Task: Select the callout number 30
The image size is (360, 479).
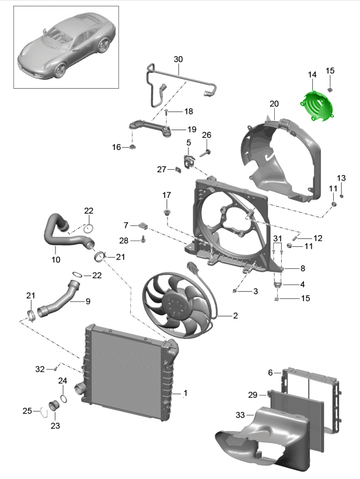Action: tap(178, 60)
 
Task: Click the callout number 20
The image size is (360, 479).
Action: tap(274, 104)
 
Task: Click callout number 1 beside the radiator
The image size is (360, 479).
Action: tap(186, 393)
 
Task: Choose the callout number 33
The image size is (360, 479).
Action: tap(240, 415)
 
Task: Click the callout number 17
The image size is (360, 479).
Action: tap(167, 195)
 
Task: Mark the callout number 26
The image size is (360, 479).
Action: tap(206, 135)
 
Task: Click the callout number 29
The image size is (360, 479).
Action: tap(253, 395)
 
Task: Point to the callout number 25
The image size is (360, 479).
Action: tap(27, 411)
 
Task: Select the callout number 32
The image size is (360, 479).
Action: tap(40, 369)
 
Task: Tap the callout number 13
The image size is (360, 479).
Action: tap(341, 177)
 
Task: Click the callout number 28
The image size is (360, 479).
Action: tap(124, 240)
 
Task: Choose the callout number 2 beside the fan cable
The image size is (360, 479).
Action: tap(235, 316)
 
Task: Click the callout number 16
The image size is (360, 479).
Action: tap(117, 148)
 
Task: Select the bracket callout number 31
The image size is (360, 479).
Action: tap(277, 238)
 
